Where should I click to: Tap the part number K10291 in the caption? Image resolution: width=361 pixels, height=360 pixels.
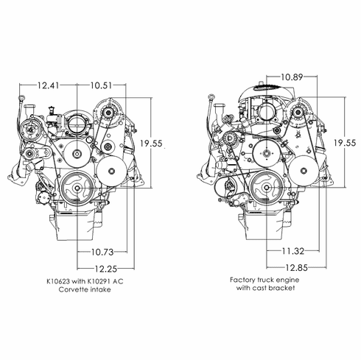102,282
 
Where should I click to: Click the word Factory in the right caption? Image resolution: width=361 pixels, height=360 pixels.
242,280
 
